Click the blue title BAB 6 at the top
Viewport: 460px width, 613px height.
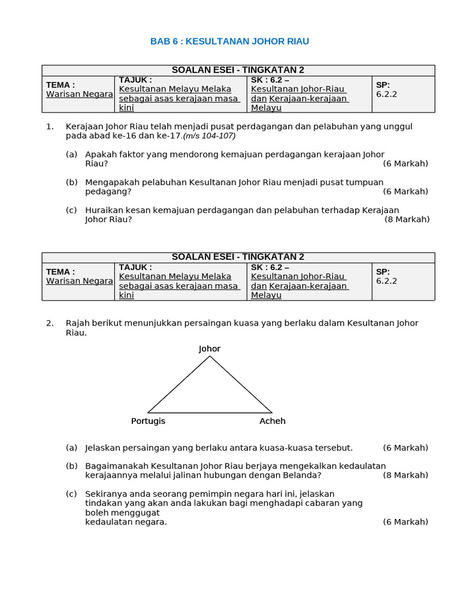[x=229, y=41]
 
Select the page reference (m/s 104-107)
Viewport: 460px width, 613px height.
[x=210, y=136]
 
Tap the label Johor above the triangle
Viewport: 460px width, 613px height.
[x=210, y=348]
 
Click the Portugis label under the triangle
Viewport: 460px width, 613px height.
[x=148, y=421]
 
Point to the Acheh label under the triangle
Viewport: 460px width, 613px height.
[x=273, y=421]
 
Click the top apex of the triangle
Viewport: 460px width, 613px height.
[x=210, y=357]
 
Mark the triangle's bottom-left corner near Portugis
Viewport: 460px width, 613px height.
[x=149, y=412]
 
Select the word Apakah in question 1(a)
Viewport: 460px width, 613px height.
[x=99, y=154]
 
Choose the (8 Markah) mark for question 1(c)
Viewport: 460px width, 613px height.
[x=407, y=219]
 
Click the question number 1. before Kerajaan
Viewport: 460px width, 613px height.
[x=50, y=126]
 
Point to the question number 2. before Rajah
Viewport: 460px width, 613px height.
[x=50, y=323]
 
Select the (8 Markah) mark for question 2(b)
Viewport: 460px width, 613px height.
[x=405, y=475]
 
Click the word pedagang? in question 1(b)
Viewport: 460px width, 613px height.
[x=108, y=192]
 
